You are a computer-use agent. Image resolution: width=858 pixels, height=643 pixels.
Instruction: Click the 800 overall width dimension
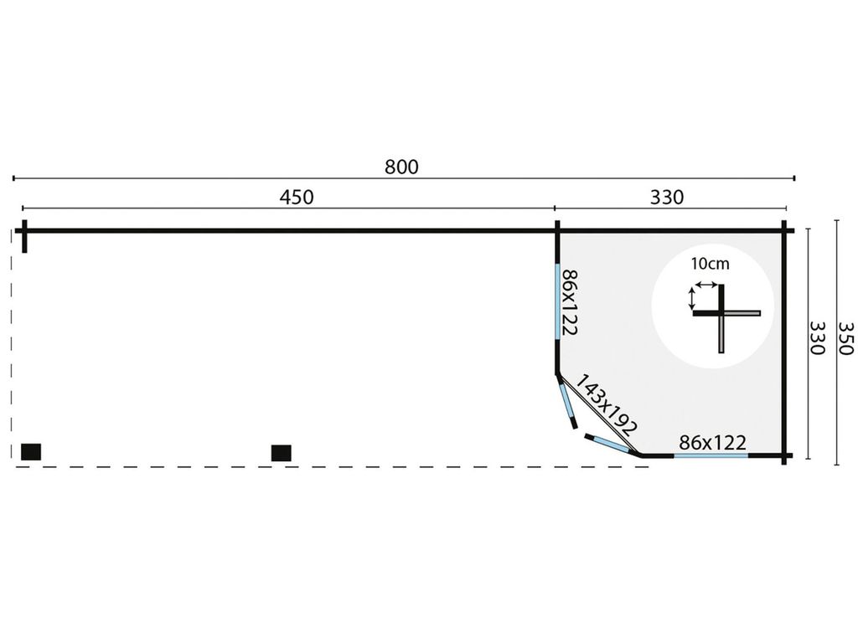401,167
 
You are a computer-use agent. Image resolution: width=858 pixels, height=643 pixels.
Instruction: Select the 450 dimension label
297,197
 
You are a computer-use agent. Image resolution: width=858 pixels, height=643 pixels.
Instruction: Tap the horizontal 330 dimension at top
666,197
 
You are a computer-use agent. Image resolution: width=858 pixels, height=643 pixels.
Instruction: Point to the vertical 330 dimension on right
817,337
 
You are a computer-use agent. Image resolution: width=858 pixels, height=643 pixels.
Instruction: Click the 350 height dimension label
846,337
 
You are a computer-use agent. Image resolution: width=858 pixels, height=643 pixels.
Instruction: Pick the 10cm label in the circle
710,264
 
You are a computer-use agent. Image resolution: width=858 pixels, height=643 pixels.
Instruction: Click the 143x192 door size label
607,404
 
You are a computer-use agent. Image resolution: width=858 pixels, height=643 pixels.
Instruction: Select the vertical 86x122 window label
570,301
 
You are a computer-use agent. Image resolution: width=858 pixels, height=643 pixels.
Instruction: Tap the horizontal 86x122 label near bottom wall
712,442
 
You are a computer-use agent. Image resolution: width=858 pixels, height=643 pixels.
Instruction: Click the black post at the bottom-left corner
31,451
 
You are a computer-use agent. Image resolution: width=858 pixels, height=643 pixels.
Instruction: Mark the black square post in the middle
282,453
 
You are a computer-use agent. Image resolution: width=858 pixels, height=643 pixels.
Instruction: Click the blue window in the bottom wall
711,455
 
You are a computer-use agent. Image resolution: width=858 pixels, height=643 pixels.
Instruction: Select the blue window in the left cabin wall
557,301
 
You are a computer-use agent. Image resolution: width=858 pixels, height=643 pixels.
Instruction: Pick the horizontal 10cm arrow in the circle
706,285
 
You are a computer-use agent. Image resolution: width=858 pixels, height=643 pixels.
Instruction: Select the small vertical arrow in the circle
691,299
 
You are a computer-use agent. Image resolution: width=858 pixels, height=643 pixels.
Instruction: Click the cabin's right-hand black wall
784,342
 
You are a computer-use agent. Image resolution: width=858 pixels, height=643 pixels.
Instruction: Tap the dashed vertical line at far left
12,344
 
